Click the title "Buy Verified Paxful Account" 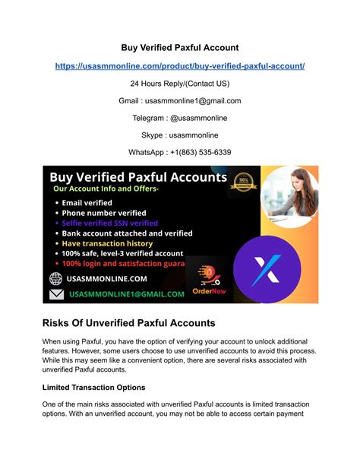(180, 48)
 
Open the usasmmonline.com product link (180, 66)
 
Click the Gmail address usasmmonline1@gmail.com (180, 100)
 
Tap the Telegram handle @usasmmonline (180, 118)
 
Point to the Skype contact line (180, 135)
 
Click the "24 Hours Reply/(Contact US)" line (180, 84)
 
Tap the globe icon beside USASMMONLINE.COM (55, 278)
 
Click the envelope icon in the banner (55, 294)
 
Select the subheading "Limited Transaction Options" (94, 388)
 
